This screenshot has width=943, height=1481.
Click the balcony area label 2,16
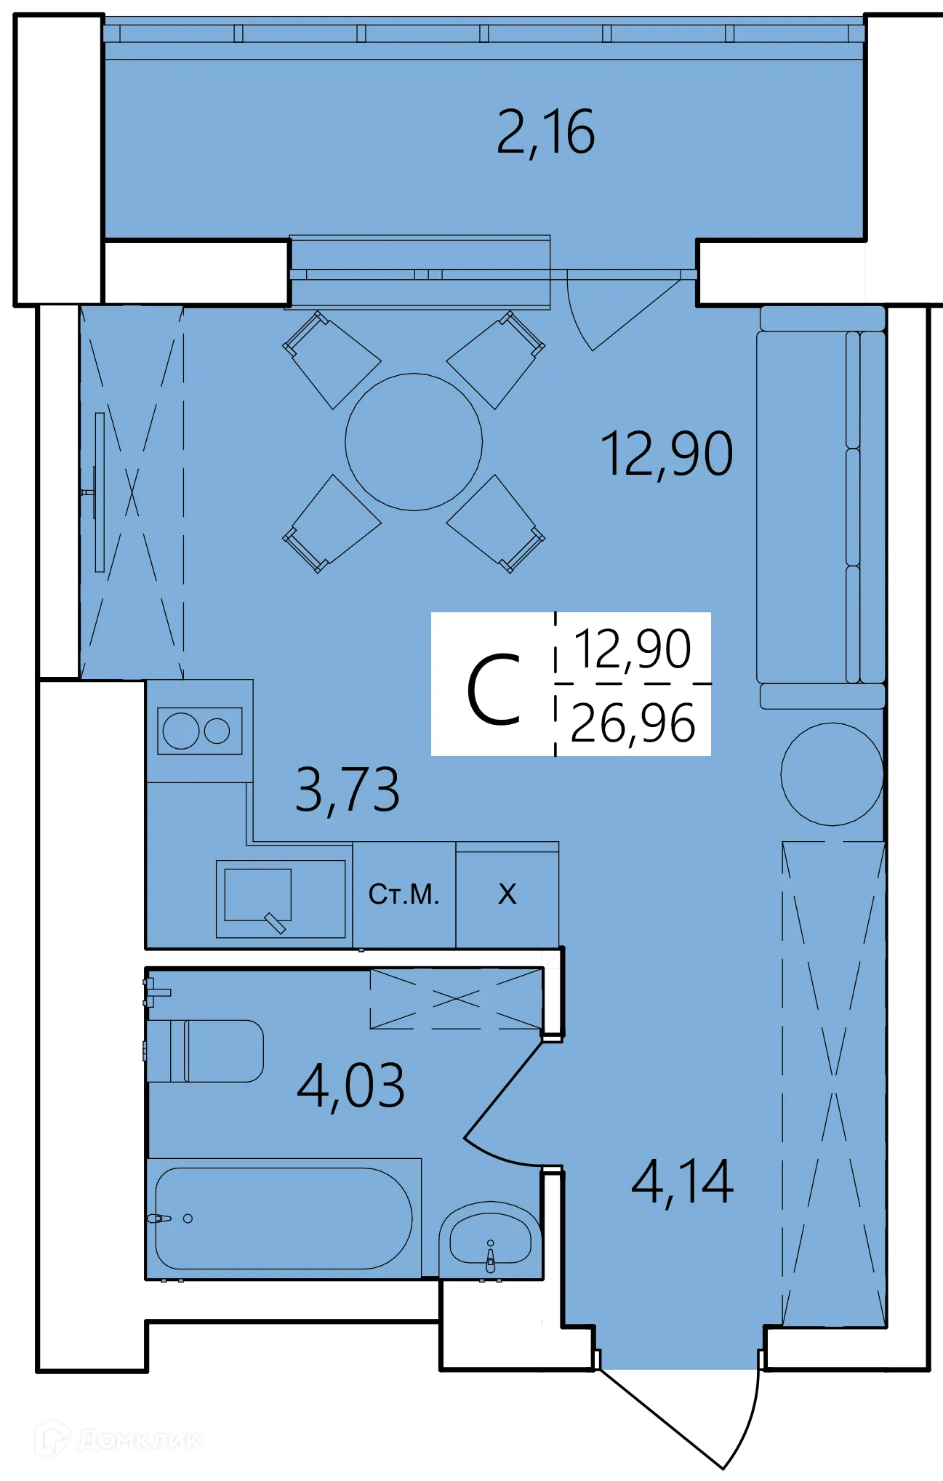pos(545,132)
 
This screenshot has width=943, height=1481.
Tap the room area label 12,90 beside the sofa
pos(666,454)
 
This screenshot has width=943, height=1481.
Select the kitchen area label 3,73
pos(348,790)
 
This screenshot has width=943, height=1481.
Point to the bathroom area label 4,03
pos(350,1086)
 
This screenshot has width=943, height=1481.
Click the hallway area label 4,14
pos(682,1183)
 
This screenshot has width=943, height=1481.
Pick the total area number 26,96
pos(633,723)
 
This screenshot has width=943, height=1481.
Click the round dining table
pos(414,442)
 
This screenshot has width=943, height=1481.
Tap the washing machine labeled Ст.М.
pos(404,894)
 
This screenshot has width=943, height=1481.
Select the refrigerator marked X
pos(507,894)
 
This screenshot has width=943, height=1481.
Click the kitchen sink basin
pos(257,894)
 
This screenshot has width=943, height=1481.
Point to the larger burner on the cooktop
pos(181,731)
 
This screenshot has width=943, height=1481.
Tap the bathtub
pos(284,1219)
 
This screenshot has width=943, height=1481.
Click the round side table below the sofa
pos(832,774)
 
